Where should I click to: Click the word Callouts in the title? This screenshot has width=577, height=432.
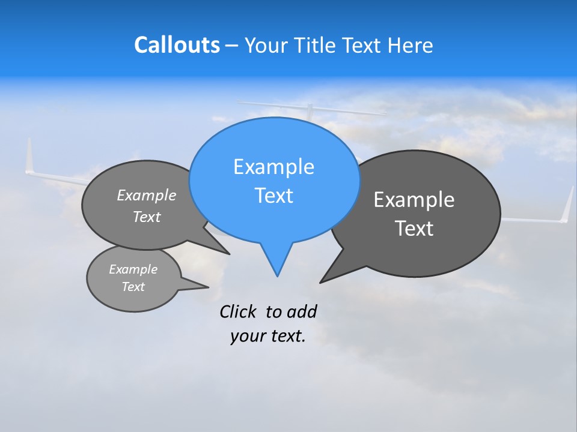pos(177,45)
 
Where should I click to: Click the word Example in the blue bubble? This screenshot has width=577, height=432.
pos(273,167)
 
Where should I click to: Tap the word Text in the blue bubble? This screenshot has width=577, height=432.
pos(273,196)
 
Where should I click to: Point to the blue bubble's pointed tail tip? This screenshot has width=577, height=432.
pos(277,275)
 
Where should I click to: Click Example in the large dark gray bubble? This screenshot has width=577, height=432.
pos(414,200)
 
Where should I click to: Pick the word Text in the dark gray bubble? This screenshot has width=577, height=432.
pos(414,229)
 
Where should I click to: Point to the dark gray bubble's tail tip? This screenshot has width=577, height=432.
pos(321,282)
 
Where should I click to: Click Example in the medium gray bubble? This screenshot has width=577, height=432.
pos(147,196)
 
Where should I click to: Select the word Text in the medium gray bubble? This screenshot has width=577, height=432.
pos(147,217)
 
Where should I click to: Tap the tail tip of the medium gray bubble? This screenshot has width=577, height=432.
pos(228,254)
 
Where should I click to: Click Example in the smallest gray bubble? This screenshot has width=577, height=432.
pos(133,269)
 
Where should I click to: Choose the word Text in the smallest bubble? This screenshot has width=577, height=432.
pos(133,287)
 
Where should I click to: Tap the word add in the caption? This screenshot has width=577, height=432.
pos(302,312)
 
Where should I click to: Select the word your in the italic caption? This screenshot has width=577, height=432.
pos(243,337)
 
